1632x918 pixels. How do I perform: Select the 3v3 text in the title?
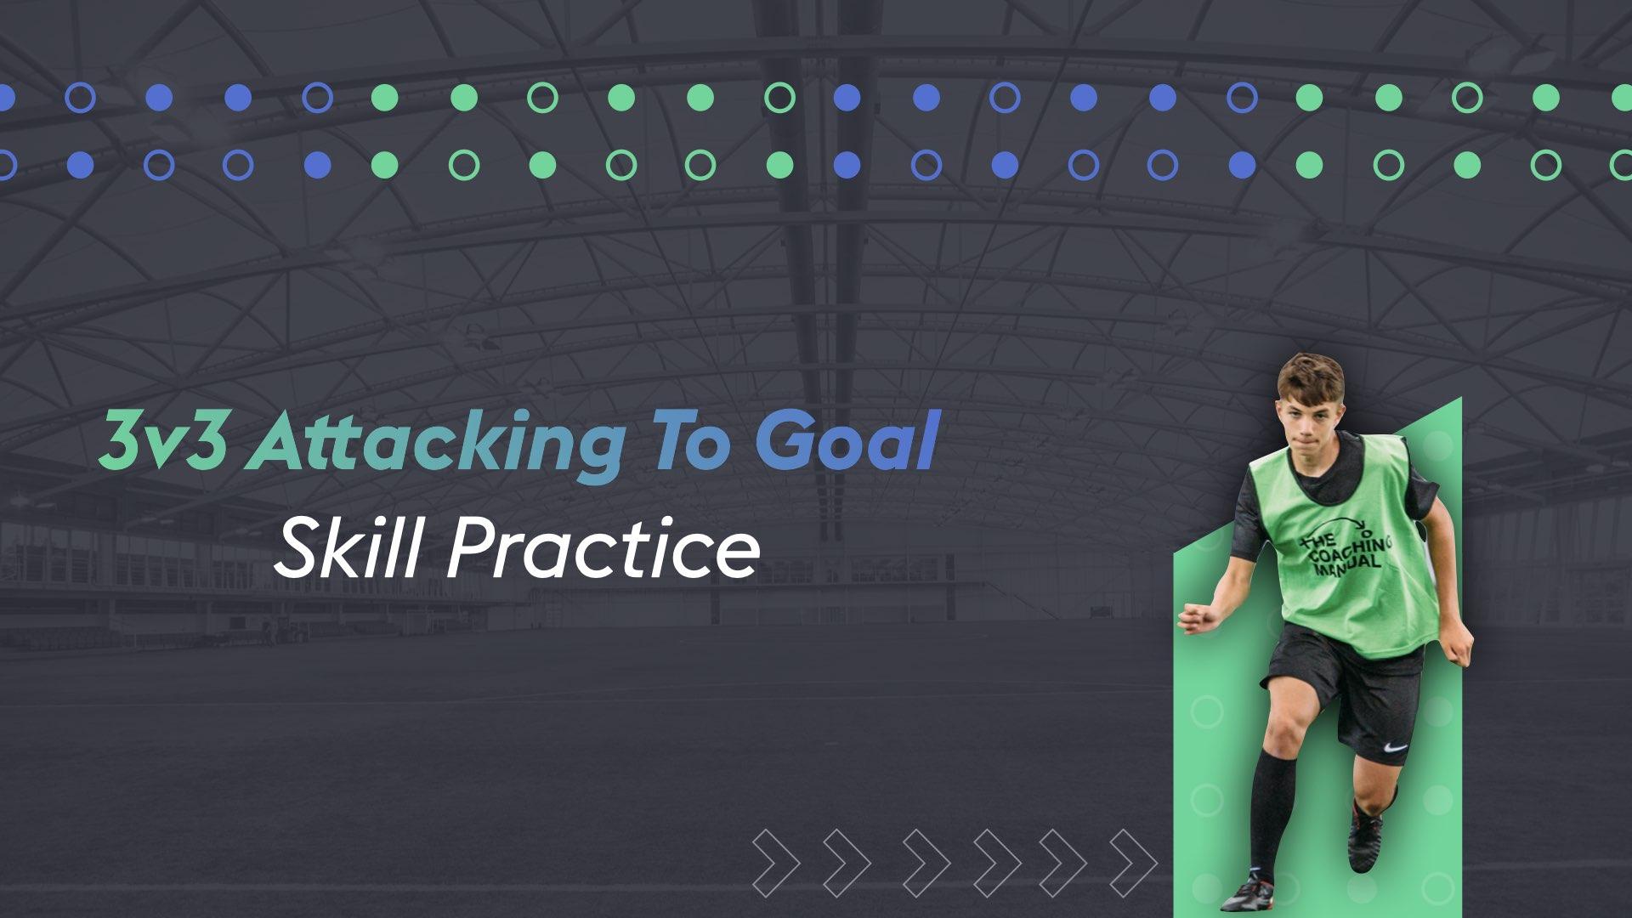point(163,443)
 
